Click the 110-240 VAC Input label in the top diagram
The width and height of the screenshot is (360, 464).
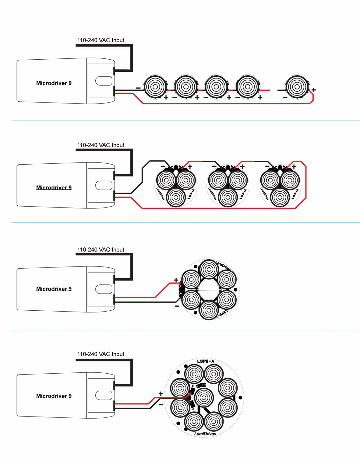[101, 40]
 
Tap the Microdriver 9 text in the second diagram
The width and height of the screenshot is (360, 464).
[54, 187]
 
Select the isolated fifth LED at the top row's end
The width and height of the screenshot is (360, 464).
[297, 87]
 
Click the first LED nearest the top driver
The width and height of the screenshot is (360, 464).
[155, 87]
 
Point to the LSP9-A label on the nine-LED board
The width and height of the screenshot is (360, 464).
[206, 361]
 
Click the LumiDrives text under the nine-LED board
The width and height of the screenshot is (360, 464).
[205, 434]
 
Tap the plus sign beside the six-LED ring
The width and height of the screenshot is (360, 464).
[176, 280]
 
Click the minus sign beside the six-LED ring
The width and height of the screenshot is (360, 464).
[177, 306]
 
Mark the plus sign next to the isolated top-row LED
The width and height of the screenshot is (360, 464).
[314, 90]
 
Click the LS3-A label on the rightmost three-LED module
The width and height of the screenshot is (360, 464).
[295, 194]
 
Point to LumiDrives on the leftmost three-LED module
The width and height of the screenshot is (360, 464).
[160, 194]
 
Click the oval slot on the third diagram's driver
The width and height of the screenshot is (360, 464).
[104, 289]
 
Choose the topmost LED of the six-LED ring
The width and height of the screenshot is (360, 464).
[209, 269]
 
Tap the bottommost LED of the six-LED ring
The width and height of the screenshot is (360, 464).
[209, 310]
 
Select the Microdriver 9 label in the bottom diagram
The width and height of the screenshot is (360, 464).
[54, 396]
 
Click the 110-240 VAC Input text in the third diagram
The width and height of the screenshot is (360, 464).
[101, 249]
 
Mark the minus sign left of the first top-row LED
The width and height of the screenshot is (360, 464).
[138, 88]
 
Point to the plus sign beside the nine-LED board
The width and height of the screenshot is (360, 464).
[161, 394]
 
